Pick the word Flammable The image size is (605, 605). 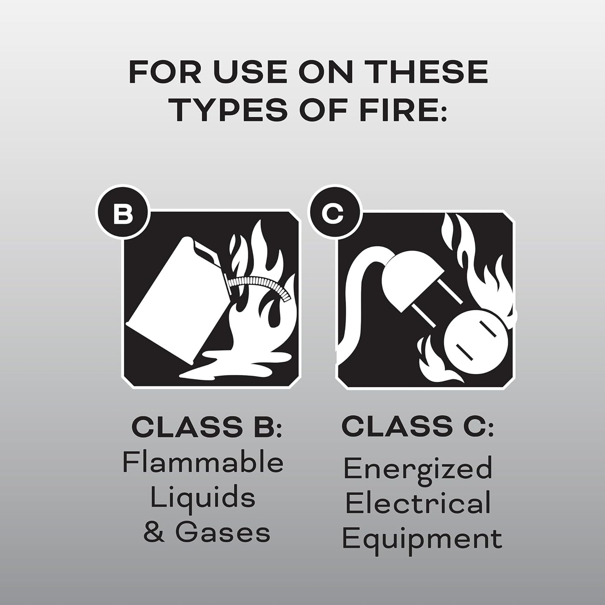[x=203, y=463]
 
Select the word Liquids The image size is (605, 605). [x=203, y=498]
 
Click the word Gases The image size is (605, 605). [x=223, y=533]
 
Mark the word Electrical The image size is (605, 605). [x=418, y=504]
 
